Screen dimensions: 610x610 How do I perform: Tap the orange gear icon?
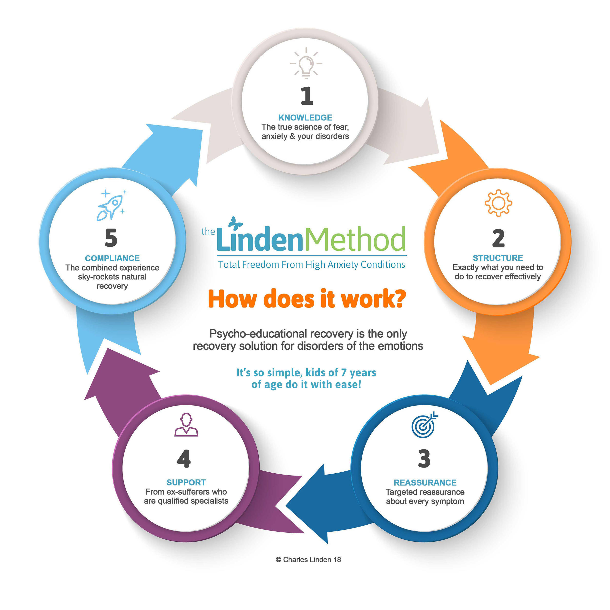pyautogui.click(x=498, y=203)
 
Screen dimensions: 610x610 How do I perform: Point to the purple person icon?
pyautogui.click(x=186, y=425)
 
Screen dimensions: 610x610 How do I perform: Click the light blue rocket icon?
pyautogui.click(x=111, y=205)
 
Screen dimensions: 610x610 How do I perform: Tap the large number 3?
pyautogui.click(x=424, y=458)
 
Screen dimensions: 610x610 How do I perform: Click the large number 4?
pyautogui.click(x=184, y=458)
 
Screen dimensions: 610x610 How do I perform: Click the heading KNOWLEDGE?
pyautogui.click(x=305, y=118)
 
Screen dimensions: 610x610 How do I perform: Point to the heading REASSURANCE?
pyautogui.click(x=425, y=483)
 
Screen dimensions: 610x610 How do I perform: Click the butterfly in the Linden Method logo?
pyautogui.click(x=235, y=223)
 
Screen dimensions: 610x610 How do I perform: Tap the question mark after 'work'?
pyautogui.click(x=399, y=299)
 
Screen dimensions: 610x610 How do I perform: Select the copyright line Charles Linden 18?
pyautogui.click(x=308, y=560)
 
